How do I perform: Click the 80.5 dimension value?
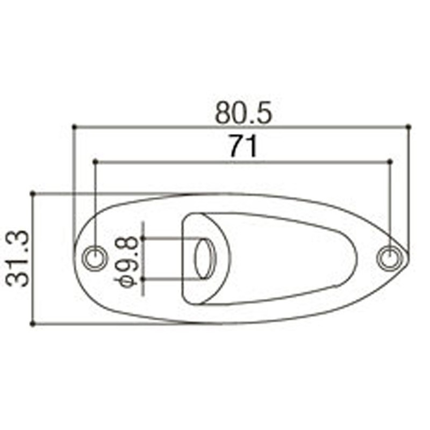243,113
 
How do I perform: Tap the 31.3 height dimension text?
18,259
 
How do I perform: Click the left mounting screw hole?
95,258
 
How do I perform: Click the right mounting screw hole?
390,258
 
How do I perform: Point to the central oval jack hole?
205,259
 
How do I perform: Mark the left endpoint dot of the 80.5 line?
74,126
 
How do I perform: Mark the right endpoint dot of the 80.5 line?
409,126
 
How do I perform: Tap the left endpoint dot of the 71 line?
95,162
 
